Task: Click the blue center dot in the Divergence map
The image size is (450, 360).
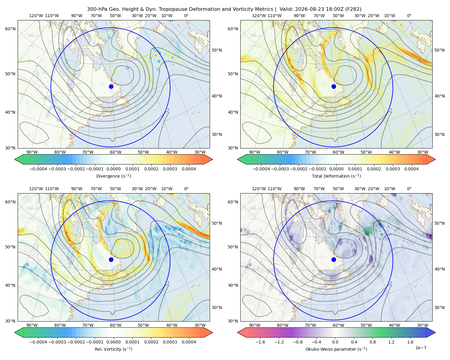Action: click(111, 86)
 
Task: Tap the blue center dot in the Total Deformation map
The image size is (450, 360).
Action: click(334, 86)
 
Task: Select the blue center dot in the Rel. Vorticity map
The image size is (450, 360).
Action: click(111, 259)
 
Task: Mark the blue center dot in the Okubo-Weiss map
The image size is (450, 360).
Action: click(334, 259)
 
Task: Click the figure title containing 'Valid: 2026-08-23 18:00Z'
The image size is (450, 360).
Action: click(224, 9)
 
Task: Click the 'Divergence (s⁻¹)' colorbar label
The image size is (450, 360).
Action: click(113, 176)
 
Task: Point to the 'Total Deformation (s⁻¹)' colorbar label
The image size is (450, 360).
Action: click(336, 176)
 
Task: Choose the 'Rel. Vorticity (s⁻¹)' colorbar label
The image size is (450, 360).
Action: click(113, 349)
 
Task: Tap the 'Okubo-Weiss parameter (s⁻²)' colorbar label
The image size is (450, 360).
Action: click(336, 349)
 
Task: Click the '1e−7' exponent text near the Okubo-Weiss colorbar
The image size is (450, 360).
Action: click(421, 348)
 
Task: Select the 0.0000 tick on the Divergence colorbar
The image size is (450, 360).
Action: click(113, 169)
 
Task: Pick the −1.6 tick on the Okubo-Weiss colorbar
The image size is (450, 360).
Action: click(260, 342)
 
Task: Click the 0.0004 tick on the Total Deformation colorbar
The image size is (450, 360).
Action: click(411, 169)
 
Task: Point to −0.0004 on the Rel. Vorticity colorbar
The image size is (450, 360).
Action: click(38, 342)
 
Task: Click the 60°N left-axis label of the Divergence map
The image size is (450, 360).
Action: click(10, 29)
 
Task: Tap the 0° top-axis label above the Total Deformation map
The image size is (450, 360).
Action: click(409, 16)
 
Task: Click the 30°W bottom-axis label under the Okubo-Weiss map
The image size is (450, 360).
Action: click(423, 325)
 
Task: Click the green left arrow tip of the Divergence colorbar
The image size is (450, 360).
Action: click(15, 159)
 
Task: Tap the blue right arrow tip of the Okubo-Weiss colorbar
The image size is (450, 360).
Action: click(435, 332)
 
